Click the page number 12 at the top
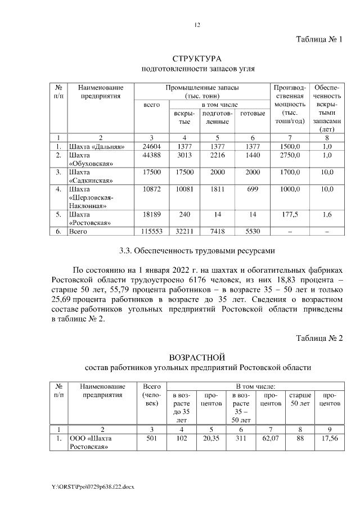[x=197, y=25]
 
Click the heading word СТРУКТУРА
[x=197, y=58]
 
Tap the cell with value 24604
[x=151, y=146]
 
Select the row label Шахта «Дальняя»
[x=96, y=146]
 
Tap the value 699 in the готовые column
[x=253, y=190]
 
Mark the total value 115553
[x=151, y=231]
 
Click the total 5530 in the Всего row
[x=253, y=231]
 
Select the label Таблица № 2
[x=319, y=337]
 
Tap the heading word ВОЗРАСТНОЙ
[x=197, y=357]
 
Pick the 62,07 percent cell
[x=271, y=439]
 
